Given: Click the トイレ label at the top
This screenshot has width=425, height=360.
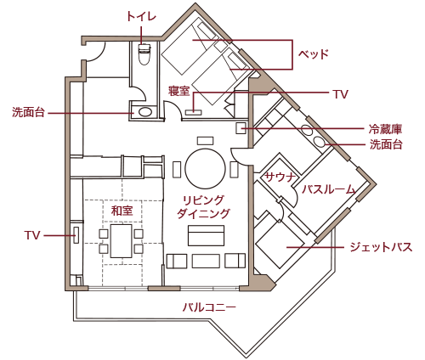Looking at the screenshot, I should click(x=141, y=16).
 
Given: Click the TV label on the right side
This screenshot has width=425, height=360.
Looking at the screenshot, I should click(x=340, y=93).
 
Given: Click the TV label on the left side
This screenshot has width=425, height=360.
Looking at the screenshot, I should click(x=32, y=233).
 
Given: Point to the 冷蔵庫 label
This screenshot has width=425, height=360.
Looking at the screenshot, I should click(x=385, y=129).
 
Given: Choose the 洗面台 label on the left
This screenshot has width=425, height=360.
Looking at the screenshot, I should click(x=28, y=112).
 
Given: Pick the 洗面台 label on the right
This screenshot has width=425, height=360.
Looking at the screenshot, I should click(x=385, y=145).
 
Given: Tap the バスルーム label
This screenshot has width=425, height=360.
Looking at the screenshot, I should click(x=329, y=188).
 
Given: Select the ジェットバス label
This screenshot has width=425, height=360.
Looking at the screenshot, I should click(x=380, y=247).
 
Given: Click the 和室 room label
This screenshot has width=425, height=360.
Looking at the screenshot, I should click(x=122, y=209).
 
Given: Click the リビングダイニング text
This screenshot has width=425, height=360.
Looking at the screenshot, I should click(x=203, y=207).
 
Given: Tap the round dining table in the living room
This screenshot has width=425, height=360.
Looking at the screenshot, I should click(x=205, y=168).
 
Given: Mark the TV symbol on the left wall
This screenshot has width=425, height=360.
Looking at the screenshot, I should click(x=76, y=234).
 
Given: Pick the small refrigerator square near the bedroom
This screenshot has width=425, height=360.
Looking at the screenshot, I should click(x=241, y=128).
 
